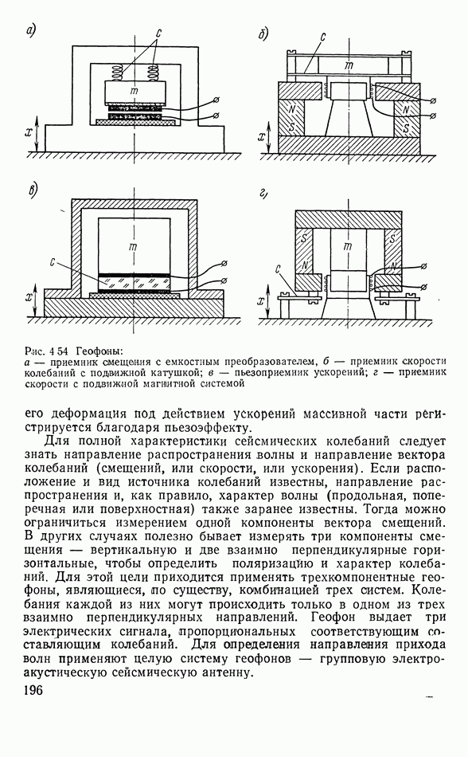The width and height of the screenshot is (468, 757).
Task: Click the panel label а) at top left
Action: tap(31, 31)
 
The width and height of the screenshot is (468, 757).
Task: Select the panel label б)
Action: tap(263, 34)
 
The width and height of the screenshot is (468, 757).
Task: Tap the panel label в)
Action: tap(33, 191)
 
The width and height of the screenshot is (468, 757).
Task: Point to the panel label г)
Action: tap(263, 194)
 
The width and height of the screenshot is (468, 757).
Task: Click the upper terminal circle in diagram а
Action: tap(216, 100)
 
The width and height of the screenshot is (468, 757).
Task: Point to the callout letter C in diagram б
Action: tap(323, 37)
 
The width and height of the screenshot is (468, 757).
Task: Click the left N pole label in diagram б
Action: tap(292, 110)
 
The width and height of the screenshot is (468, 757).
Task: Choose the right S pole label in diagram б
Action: tap(406, 128)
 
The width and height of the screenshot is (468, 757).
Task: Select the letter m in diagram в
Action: tap(134, 246)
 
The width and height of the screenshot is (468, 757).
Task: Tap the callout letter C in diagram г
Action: tap(279, 269)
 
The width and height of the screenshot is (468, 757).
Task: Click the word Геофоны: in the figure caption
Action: tap(96, 350)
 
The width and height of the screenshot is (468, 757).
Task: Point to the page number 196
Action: tap(33, 690)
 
